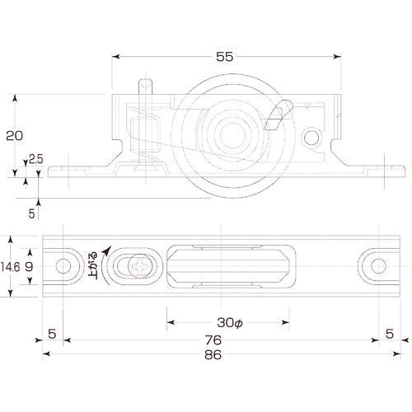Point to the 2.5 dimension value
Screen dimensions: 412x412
point(36,159)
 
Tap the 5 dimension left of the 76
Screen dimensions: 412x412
point(51,334)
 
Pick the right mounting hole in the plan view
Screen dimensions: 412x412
point(376,266)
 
